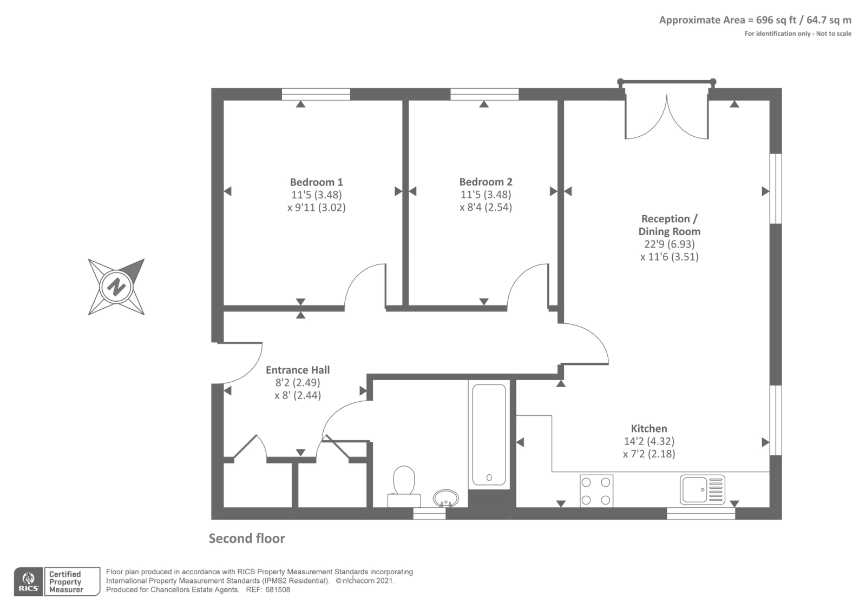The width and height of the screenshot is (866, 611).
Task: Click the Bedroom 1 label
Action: (316, 182)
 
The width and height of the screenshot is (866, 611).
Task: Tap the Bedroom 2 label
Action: (486, 182)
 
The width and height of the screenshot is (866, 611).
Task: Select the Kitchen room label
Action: (648, 429)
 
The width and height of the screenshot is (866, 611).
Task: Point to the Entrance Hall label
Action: (298, 370)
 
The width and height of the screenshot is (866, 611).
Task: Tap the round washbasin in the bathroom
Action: (445, 498)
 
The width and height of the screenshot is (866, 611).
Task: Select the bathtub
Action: (489, 435)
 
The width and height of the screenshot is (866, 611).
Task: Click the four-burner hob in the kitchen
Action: (596, 490)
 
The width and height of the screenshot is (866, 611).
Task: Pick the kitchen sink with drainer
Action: (703, 489)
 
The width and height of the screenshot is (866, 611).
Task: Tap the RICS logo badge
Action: (28, 582)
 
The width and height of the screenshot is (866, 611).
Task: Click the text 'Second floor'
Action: (247, 539)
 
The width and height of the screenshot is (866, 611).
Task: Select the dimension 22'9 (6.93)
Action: (669, 244)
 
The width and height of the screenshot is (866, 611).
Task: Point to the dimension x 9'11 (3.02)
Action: (316, 207)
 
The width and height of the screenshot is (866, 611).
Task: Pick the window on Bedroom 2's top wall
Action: (484, 95)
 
